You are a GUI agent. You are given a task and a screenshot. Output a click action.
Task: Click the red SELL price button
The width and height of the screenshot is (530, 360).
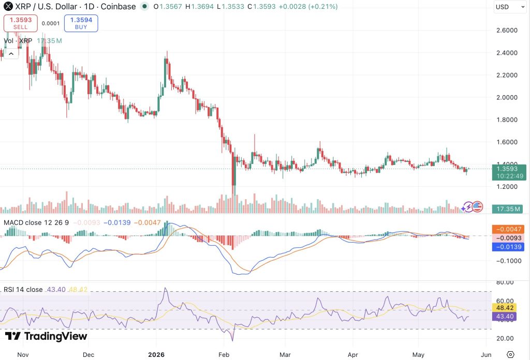(x=20, y=23)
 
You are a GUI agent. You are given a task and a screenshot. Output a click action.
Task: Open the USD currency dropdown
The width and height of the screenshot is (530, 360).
(x=510, y=7)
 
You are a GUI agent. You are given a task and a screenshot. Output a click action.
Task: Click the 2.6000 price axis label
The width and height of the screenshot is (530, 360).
(x=507, y=31)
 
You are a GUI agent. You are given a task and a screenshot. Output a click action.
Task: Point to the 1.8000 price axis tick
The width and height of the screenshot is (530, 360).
(x=507, y=119)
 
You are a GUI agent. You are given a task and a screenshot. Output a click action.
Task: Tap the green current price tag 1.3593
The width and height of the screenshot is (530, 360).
(x=509, y=172)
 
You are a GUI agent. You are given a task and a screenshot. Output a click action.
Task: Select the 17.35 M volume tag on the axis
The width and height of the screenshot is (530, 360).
(x=508, y=209)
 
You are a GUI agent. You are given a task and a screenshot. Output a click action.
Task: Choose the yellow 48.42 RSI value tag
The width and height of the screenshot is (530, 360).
(x=504, y=308)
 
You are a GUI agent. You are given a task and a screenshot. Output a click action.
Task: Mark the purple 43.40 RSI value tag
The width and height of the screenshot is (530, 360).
(x=504, y=317)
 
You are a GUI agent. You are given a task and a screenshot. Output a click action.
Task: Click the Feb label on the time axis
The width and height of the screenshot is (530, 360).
(x=224, y=355)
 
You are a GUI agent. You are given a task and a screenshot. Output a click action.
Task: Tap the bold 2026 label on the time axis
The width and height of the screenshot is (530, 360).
(x=156, y=355)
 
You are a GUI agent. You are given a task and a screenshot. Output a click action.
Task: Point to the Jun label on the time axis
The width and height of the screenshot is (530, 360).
(x=486, y=355)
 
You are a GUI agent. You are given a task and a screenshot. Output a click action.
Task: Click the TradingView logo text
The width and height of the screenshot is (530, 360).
(x=46, y=336)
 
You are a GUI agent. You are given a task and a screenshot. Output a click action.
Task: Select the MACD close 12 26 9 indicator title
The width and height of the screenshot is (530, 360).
(x=36, y=222)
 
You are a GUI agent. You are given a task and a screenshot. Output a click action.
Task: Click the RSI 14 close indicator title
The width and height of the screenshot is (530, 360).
(x=23, y=290)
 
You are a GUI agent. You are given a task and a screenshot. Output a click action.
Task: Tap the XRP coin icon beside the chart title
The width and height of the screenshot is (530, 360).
(x=8, y=6)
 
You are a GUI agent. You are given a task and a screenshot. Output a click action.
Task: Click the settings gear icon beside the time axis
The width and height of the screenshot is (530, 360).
(x=510, y=355)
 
